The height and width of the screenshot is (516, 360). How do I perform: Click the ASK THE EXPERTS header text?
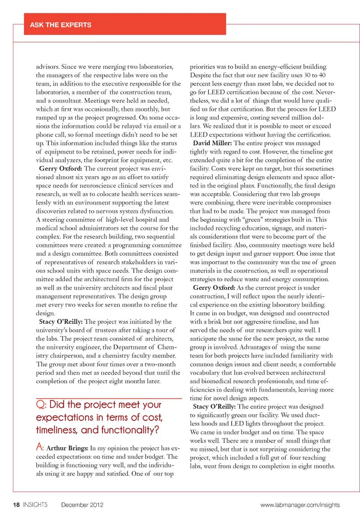(x=60, y=25)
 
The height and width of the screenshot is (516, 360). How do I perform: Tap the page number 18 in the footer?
(x=16, y=505)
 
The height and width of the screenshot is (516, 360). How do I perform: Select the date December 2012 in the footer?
(x=82, y=505)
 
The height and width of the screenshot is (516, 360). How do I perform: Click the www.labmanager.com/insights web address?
(x=300, y=505)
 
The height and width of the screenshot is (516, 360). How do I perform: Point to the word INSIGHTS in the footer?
(x=35, y=505)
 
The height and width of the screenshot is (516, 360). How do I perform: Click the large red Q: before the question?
(x=41, y=405)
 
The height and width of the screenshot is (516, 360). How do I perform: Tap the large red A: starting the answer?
(x=40, y=447)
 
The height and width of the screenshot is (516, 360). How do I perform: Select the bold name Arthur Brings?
(x=67, y=448)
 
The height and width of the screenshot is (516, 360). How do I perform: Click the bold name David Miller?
(x=212, y=143)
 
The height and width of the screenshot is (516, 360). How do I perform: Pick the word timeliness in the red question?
(x=57, y=430)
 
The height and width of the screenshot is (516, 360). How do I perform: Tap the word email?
(x=160, y=126)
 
